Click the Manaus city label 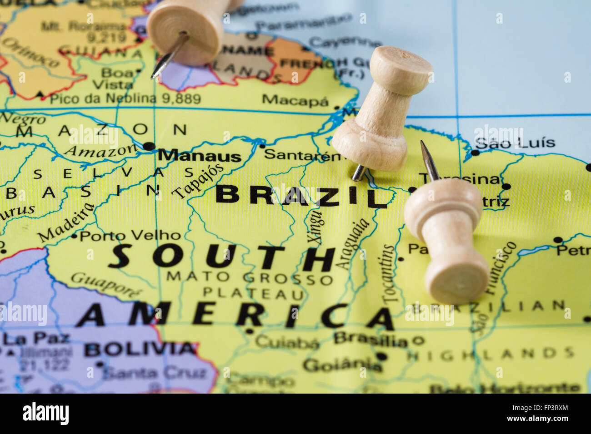pos(200,156)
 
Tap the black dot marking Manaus pos(149,146)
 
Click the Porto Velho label pos(130,235)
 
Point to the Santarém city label pos(302,155)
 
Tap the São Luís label pos(515,143)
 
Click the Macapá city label pos(295,100)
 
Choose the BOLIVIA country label pos(140,349)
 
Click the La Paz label pos(36,338)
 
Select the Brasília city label pos(371,339)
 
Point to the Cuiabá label pos(287,343)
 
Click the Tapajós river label pos(198,181)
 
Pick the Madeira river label pos(66,222)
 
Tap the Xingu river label pos(315,227)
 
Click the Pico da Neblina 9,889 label pos(125,99)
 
